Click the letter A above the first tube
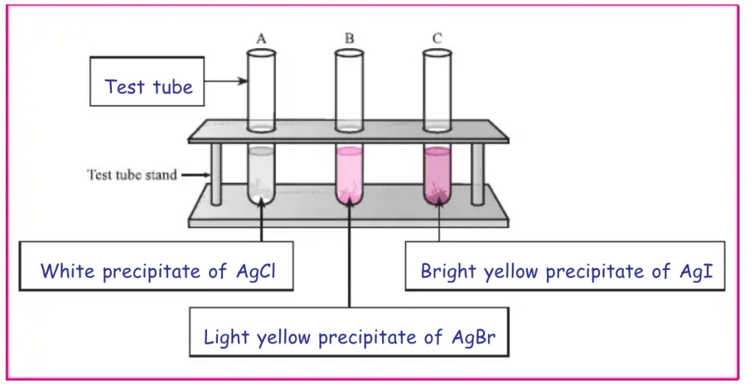click(x=261, y=38)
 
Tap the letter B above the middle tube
click(x=349, y=38)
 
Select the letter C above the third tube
click(x=437, y=38)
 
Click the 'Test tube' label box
click(x=148, y=86)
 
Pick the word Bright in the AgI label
click(x=448, y=271)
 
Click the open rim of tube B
click(x=349, y=53)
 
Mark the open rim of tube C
click(x=437, y=53)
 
